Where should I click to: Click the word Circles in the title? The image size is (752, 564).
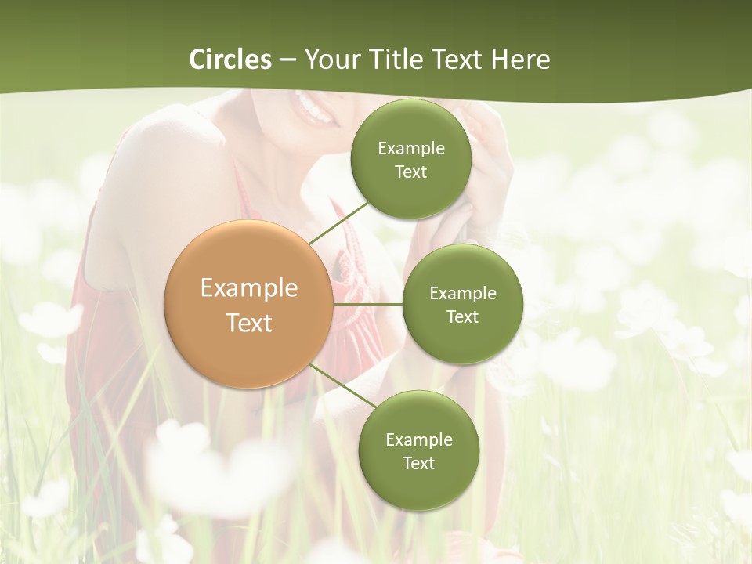[230, 60]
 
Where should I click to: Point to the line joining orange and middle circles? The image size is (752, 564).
[367, 304]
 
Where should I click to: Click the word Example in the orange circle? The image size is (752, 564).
[249, 288]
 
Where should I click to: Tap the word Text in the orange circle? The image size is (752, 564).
[249, 323]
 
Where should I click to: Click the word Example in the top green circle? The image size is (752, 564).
[411, 149]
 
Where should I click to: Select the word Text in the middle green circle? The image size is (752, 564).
[463, 317]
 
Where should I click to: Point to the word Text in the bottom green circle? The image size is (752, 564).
[419, 464]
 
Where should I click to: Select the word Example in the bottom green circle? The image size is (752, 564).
[419, 440]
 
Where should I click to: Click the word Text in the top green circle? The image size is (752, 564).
[411, 172]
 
